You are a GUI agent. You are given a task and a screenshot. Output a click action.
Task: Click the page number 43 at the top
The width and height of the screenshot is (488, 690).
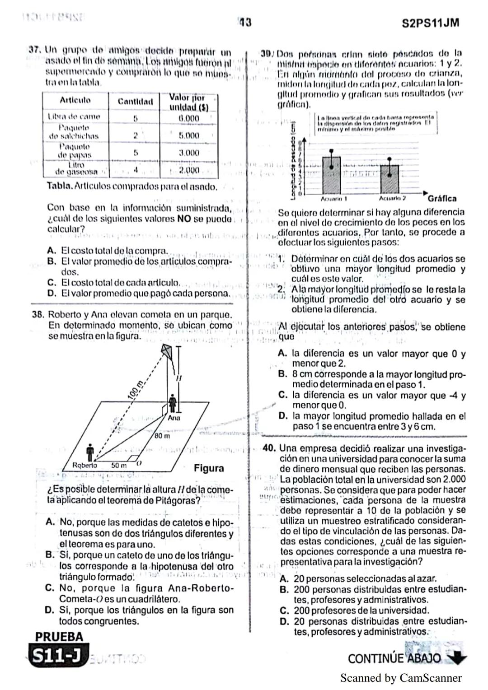point(245,22)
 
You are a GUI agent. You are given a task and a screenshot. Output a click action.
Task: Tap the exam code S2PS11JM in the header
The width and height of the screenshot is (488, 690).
point(430,23)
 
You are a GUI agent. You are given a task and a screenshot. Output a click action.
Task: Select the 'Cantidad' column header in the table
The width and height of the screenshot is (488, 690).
point(135,101)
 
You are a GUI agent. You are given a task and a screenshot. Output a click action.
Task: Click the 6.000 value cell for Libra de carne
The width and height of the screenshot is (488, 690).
point(188,118)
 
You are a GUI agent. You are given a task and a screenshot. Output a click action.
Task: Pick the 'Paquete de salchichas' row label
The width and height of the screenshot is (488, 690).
point(74,132)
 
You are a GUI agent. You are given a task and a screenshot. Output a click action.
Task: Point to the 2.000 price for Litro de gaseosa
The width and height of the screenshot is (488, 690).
point(188,171)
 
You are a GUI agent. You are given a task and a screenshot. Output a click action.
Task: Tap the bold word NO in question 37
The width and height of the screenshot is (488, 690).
point(183,219)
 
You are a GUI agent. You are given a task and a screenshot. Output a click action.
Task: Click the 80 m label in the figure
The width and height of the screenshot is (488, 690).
point(162,436)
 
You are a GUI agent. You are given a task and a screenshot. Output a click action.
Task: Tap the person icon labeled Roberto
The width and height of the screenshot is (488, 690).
point(90,451)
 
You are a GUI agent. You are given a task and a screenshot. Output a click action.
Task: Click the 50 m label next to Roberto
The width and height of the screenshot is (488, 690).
point(118,465)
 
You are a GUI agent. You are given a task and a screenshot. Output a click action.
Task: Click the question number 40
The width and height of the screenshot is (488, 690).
point(269,448)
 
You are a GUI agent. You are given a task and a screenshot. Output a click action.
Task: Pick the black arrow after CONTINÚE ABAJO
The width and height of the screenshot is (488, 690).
point(457,658)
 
